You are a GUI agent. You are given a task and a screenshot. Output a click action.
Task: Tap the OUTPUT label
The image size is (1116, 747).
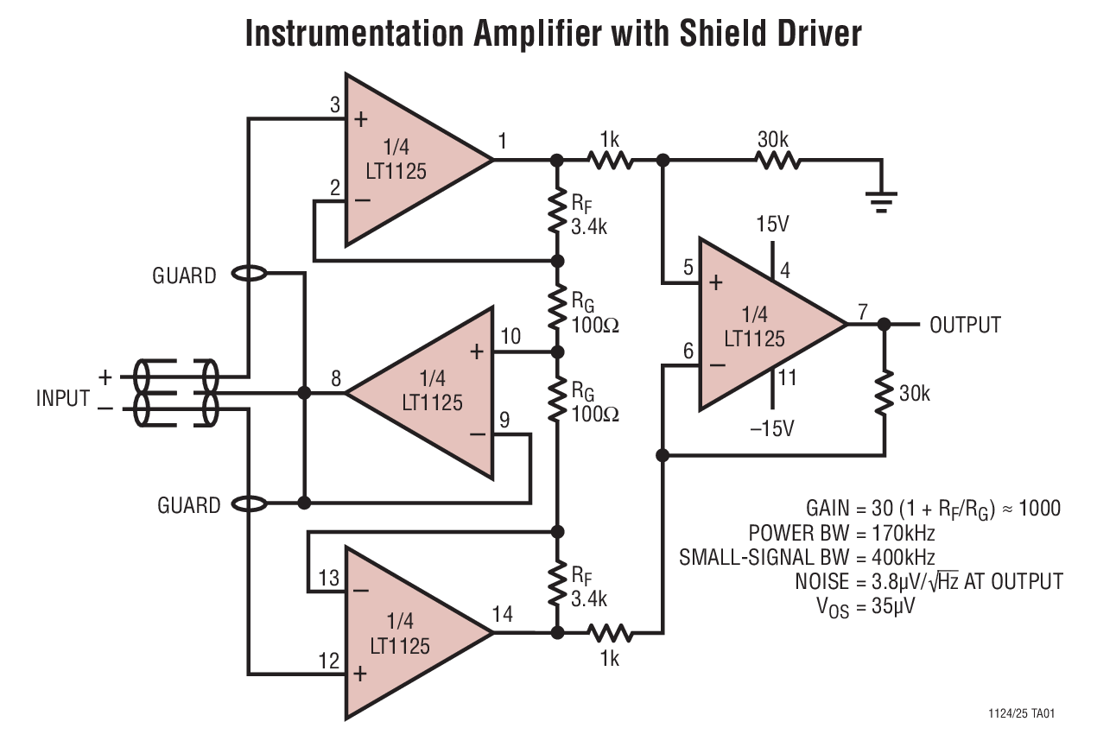tap(965, 326)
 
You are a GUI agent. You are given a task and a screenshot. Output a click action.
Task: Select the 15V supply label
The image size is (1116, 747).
tap(771, 225)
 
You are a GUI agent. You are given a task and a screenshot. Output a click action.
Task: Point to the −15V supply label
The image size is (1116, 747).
tap(771, 427)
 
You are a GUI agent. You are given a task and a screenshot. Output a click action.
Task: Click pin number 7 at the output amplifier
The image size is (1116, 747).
tap(863, 312)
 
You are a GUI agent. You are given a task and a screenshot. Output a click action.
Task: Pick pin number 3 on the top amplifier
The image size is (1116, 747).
tap(335, 105)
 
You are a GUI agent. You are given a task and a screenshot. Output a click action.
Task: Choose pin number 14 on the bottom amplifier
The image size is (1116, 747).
tap(502, 614)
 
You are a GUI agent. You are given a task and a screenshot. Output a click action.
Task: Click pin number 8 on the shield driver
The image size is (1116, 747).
tap(335, 378)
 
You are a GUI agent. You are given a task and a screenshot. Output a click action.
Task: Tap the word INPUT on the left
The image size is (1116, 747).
tap(63, 398)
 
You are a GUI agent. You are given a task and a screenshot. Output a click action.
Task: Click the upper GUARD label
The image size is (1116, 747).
tap(184, 276)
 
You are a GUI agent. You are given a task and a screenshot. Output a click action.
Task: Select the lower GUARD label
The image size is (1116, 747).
tap(188, 505)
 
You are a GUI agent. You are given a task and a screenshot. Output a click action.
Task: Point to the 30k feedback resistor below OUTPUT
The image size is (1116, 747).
tap(884, 393)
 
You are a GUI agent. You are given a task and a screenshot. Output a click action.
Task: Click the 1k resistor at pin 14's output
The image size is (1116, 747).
tap(609, 634)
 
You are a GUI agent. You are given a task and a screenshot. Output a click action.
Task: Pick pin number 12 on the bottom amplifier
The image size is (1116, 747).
tap(328, 662)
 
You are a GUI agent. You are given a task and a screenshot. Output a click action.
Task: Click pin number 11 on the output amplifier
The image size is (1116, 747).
tap(786, 377)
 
